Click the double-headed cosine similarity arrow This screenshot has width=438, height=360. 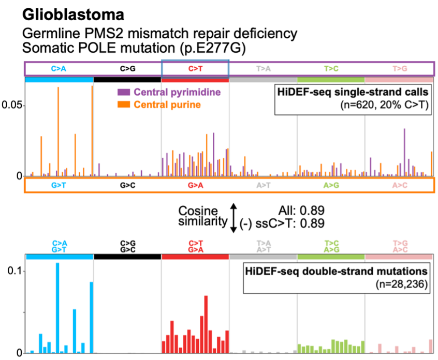(233, 216)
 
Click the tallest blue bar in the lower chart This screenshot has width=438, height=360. (57, 308)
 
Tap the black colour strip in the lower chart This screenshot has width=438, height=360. (127, 257)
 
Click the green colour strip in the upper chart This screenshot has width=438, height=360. (331, 80)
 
